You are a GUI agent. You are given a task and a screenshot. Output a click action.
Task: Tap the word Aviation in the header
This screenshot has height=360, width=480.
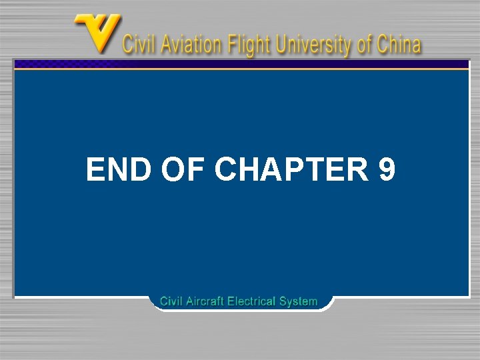point(188,45)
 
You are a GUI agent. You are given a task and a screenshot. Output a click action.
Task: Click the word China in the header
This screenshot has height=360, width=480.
point(398,45)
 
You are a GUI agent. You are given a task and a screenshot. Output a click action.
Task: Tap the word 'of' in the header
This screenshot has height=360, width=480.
point(364,45)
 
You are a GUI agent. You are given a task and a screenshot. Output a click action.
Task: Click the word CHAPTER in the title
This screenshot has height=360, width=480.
point(291,170)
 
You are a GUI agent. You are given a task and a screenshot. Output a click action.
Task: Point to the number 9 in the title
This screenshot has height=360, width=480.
point(387,170)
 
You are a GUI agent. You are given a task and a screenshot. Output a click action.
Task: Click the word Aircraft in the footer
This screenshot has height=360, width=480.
point(205,301)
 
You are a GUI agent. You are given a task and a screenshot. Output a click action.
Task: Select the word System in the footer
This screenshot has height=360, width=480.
point(299,301)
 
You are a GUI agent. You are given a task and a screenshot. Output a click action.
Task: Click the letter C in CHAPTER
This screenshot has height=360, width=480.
point(227,170)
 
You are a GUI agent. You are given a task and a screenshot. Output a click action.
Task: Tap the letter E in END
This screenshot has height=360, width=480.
point(96,170)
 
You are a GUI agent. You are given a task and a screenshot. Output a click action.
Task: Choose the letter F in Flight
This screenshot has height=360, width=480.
point(231,45)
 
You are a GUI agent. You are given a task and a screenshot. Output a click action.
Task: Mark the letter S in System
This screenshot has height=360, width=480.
point(283,301)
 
